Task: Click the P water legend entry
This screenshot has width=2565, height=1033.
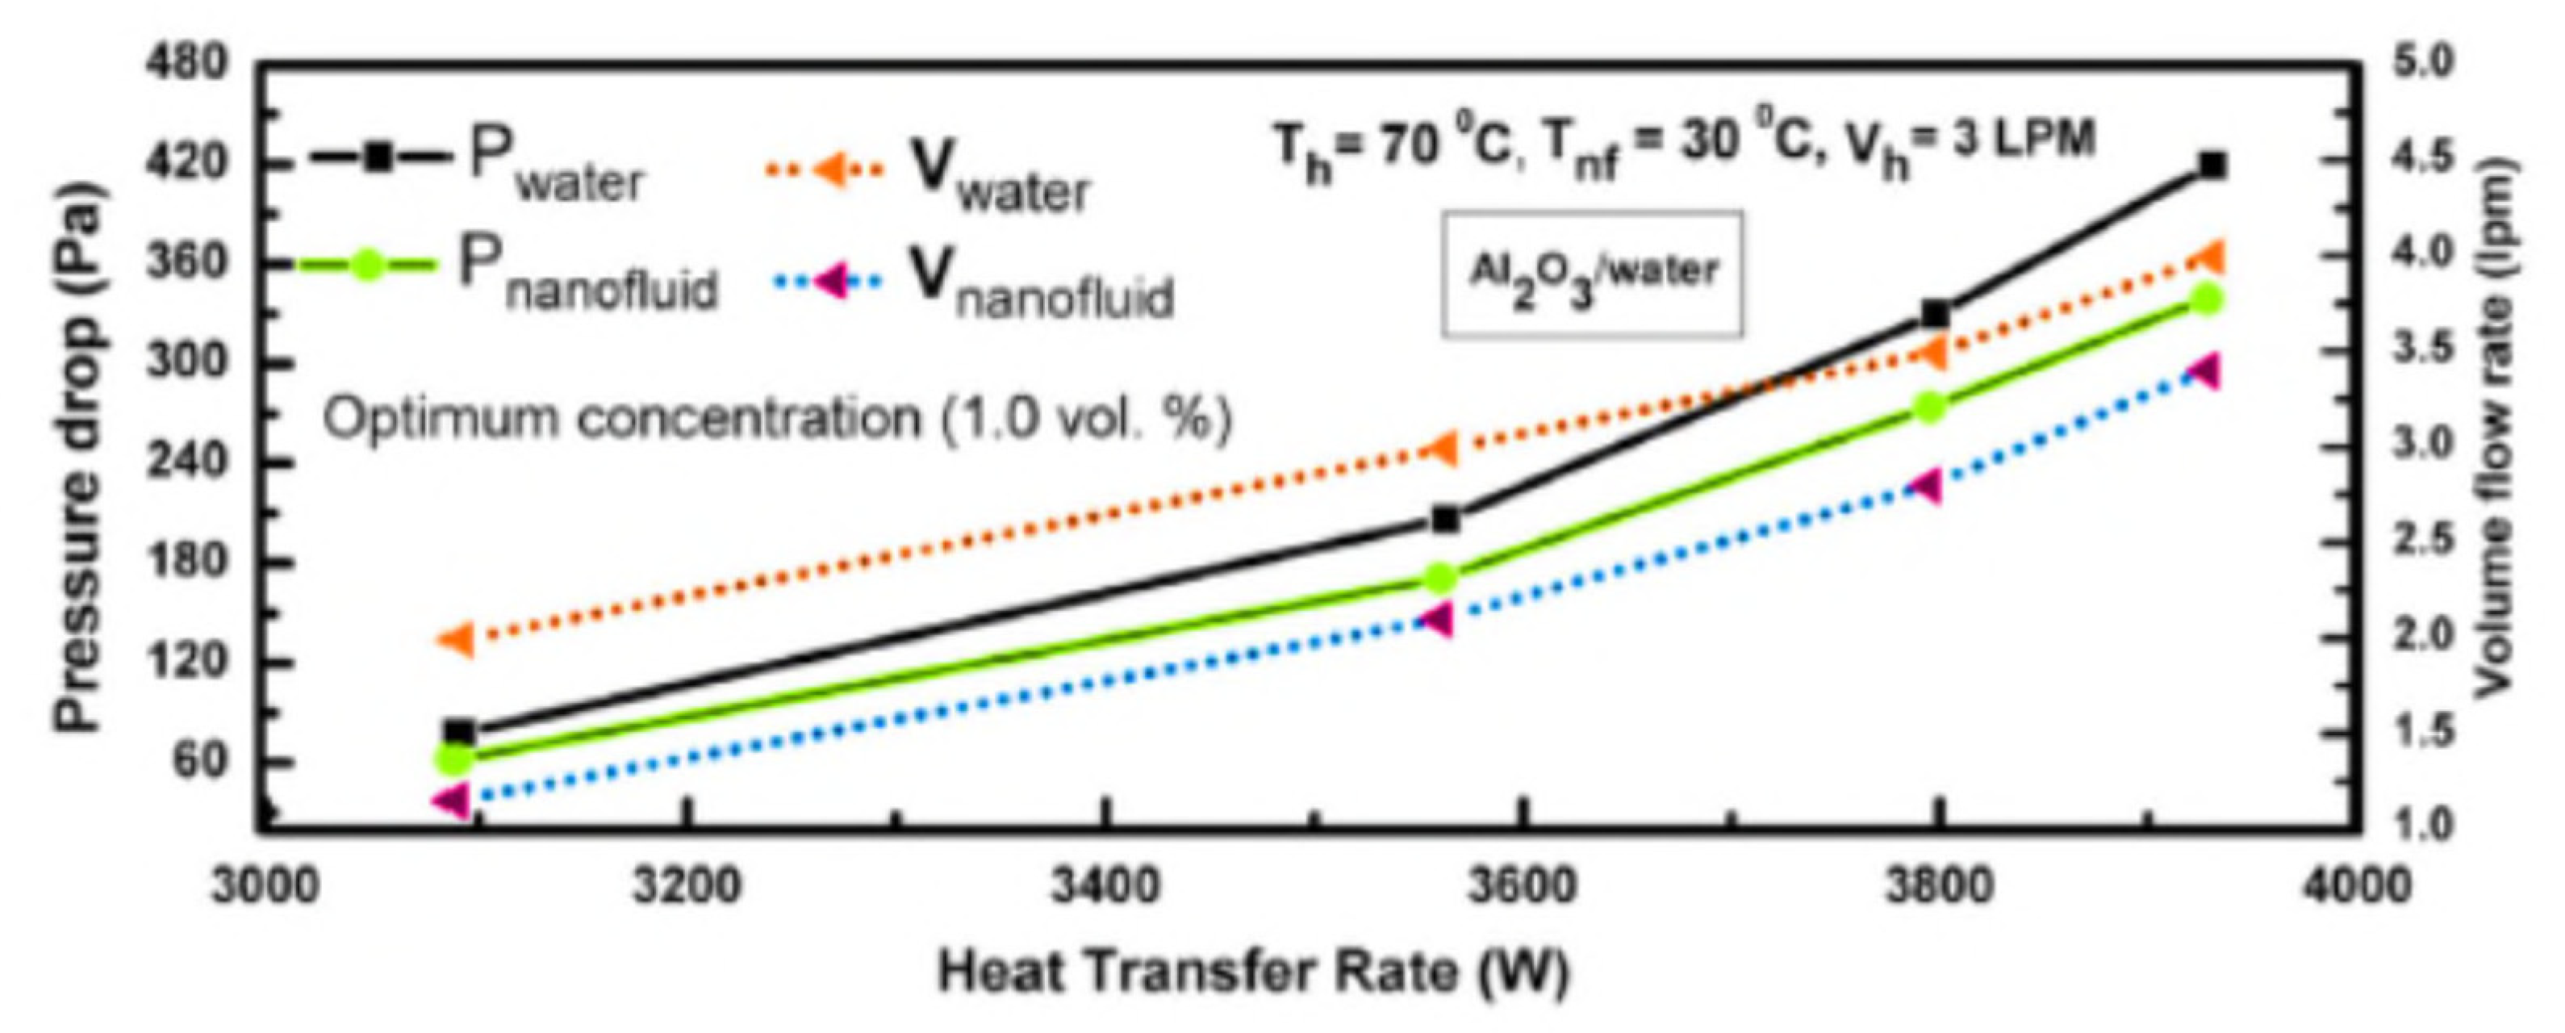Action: pyautogui.click(x=478, y=165)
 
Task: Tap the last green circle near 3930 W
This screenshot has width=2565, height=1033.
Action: pyautogui.click(x=2199, y=299)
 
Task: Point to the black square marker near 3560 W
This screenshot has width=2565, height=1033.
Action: pyautogui.click(x=1445, y=519)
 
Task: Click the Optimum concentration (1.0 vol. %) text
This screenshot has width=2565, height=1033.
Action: pyautogui.click(x=777, y=418)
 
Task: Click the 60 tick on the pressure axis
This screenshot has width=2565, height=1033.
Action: pyautogui.click(x=199, y=761)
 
